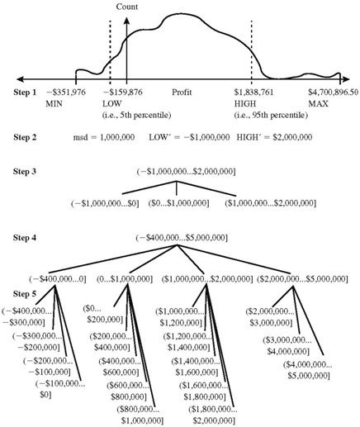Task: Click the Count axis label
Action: pyautogui.click(x=127, y=7)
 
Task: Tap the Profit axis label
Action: pyautogui.click(x=182, y=92)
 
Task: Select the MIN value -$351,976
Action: pyautogui.click(x=66, y=92)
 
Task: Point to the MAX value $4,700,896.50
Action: pyautogui.click(x=334, y=92)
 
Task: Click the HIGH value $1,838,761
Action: pyautogui.click(x=254, y=92)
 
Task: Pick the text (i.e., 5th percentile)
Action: pyautogui.click(x=137, y=115)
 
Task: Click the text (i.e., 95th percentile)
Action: pyautogui.click(x=271, y=115)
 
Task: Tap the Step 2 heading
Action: pyautogui.click(x=25, y=137)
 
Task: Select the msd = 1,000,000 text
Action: pyautogui.click(x=104, y=137)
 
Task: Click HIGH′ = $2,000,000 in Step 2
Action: pyautogui.click(x=274, y=137)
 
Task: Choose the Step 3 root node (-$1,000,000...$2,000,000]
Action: pyautogui.click(x=186, y=172)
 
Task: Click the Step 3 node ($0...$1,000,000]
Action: pyautogui.click(x=178, y=203)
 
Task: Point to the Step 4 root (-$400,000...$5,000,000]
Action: pyautogui.click(x=182, y=238)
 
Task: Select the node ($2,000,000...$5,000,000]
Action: pyautogui.click(x=303, y=279)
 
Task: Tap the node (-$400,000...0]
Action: pyautogui.click(x=58, y=279)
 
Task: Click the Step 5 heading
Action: pyautogui.click(x=25, y=294)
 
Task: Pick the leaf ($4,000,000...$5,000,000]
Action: pyautogui.click(x=308, y=370)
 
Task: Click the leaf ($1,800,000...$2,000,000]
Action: pyautogui.click(x=213, y=415)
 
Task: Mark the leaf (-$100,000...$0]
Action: pyautogui.click(x=60, y=389)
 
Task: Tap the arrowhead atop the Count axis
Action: pyautogui.click(x=126, y=21)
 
